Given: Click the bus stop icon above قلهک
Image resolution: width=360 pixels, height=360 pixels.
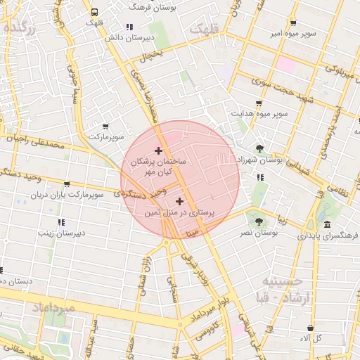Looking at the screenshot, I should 94,12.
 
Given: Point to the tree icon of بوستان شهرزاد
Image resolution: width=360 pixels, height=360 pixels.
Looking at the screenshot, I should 261,148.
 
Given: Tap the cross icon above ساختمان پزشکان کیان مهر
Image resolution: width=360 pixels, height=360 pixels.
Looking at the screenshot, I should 158,150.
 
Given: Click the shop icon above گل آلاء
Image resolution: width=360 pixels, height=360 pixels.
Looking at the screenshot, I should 310,328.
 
